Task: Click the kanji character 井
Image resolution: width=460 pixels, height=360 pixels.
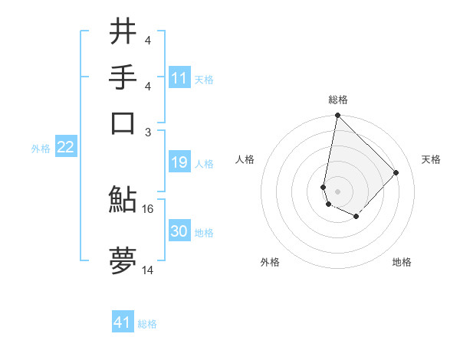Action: (123, 31)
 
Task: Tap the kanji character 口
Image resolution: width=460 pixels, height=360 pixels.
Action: (123, 123)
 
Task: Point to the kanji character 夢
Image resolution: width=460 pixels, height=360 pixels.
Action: (123, 261)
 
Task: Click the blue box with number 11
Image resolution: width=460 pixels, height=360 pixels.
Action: (179, 78)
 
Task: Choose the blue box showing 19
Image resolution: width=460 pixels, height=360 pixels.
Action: (179, 162)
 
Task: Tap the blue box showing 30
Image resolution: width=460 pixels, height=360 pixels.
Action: (179, 231)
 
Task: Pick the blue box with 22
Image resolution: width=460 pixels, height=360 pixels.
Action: (65, 147)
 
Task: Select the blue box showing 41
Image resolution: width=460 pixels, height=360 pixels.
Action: (123, 322)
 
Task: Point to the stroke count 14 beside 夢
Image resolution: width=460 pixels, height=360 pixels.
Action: (148, 270)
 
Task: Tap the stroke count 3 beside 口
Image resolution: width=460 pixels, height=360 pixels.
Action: (148, 131)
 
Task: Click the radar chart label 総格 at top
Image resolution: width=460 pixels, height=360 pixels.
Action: (338, 100)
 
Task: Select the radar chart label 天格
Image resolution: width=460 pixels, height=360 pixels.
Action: (431, 159)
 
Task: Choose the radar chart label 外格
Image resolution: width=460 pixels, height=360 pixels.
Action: (270, 262)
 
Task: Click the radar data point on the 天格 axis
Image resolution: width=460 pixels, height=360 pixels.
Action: (396, 172)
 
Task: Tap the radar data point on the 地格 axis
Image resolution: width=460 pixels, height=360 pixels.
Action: (356, 217)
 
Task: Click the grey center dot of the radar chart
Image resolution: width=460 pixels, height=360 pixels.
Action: (338, 191)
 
